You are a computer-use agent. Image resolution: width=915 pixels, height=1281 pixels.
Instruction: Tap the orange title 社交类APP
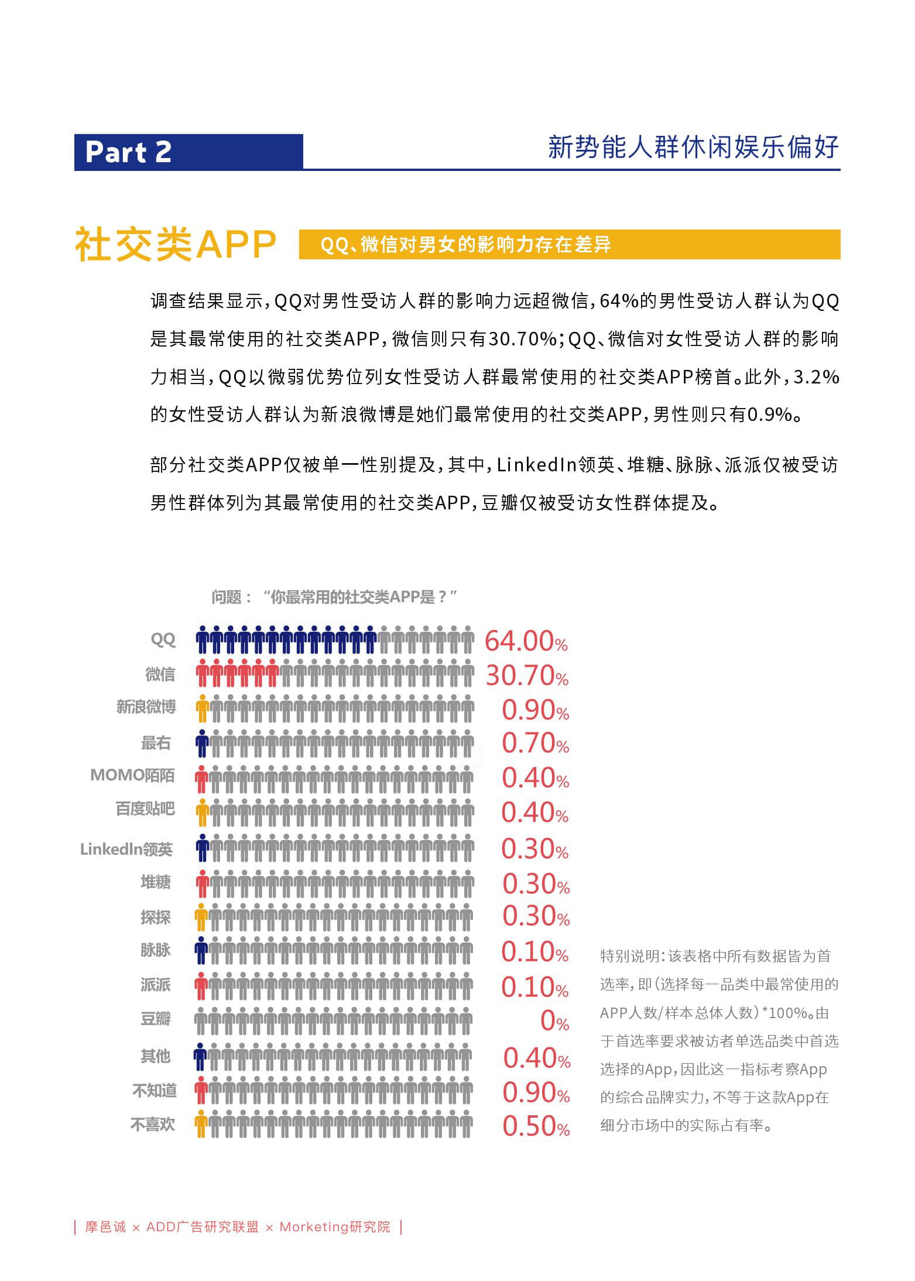(x=176, y=244)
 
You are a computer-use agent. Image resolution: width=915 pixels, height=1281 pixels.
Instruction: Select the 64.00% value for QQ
(x=526, y=641)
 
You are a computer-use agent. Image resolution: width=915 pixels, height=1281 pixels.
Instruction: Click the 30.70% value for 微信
(x=527, y=676)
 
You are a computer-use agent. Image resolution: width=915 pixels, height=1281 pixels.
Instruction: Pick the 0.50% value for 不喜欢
(x=536, y=1126)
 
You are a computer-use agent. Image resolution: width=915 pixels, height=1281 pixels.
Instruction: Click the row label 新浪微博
(x=146, y=707)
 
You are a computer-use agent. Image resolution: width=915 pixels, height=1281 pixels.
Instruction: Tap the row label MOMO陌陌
(x=132, y=775)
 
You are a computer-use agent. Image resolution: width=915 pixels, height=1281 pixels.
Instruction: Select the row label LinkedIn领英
(x=126, y=850)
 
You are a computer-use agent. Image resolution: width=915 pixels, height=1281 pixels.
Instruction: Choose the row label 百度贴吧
(x=145, y=809)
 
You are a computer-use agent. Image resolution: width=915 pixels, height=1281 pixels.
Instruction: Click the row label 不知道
(x=155, y=1091)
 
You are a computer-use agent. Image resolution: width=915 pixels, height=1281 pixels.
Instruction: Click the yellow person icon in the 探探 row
(x=201, y=917)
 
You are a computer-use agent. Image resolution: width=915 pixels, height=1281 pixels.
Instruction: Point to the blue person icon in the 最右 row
(x=202, y=744)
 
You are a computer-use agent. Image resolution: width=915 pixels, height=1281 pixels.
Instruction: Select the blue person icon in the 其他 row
(x=200, y=1057)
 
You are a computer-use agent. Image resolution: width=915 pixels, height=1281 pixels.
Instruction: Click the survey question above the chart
(x=334, y=597)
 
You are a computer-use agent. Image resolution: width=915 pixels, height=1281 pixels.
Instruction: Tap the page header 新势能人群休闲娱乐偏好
(x=693, y=147)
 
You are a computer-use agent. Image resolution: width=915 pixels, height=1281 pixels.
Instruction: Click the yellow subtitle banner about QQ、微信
(x=569, y=244)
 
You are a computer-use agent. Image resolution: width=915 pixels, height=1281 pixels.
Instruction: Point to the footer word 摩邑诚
(x=105, y=1227)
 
